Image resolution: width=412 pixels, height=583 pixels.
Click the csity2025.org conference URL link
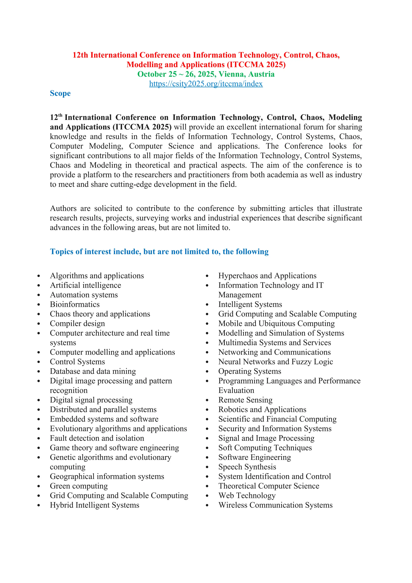pyautogui.click(x=206, y=84)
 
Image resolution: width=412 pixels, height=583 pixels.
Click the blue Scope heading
pyautogui.click(x=60, y=93)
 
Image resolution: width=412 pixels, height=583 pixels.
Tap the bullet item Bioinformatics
pyautogui.click(x=75, y=304)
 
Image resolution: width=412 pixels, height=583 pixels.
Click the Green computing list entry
pyautogui.click(x=79, y=486)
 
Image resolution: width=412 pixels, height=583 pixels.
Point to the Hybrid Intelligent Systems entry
pyautogui.click(x=94, y=505)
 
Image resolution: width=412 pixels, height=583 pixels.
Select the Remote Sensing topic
pyautogui.click(x=245, y=400)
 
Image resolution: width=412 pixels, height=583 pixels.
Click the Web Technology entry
pyautogui.click(x=247, y=495)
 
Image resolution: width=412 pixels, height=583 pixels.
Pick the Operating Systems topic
pyautogui.click(x=250, y=371)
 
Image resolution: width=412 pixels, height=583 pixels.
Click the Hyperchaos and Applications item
pyautogui.click(x=267, y=276)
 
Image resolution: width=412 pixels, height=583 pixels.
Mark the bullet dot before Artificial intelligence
pyautogui.click(x=39, y=286)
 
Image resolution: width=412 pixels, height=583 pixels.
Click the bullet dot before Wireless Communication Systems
pyautogui.click(x=207, y=505)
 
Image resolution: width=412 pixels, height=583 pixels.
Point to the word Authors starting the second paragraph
pyautogui.click(x=63, y=209)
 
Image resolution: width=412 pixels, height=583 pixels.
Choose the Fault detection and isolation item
pyautogui.click(x=97, y=438)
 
